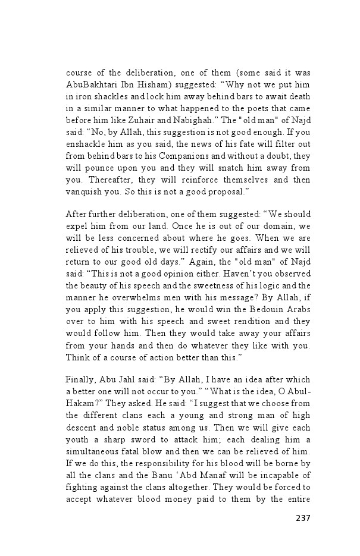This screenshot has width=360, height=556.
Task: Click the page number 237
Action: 303,517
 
